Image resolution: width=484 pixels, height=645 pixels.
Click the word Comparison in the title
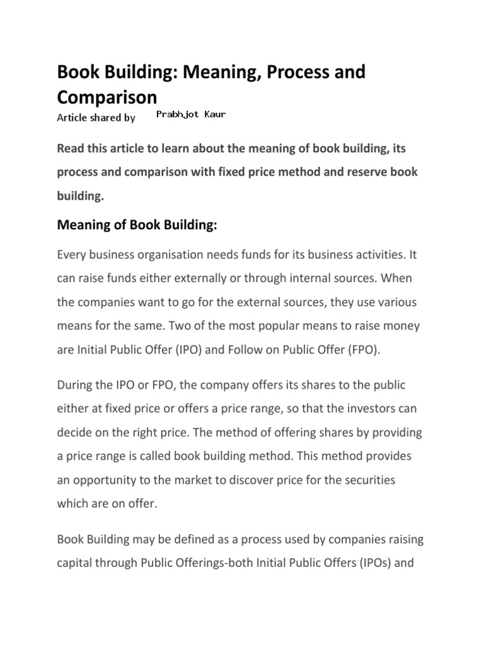point(107,97)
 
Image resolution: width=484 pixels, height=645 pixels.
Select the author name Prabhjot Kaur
point(190,115)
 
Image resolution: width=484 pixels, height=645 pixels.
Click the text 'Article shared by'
point(96,117)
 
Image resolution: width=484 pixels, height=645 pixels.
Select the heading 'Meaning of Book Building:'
point(137,225)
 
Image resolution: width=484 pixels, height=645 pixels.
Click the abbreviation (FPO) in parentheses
point(360,351)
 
